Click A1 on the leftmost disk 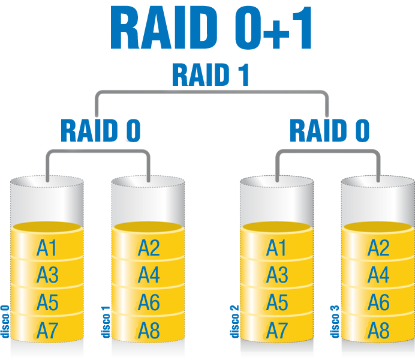[47, 248]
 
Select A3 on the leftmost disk [47, 275]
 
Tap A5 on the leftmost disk [47, 303]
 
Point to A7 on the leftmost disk [47, 330]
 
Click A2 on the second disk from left [149, 248]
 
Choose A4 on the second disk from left [149, 275]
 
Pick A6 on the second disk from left [149, 303]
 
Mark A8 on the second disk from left [149, 330]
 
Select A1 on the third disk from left [276, 248]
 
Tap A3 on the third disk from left [276, 275]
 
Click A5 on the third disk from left [276, 303]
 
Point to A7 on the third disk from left [276, 330]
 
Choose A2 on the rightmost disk [378, 248]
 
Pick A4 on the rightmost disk [378, 275]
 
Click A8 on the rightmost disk [378, 330]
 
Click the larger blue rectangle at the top [164, 26]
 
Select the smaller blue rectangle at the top [273, 26]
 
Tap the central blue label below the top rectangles [210, 76]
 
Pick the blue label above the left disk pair [101, 131]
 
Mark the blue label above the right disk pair [329, 131]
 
